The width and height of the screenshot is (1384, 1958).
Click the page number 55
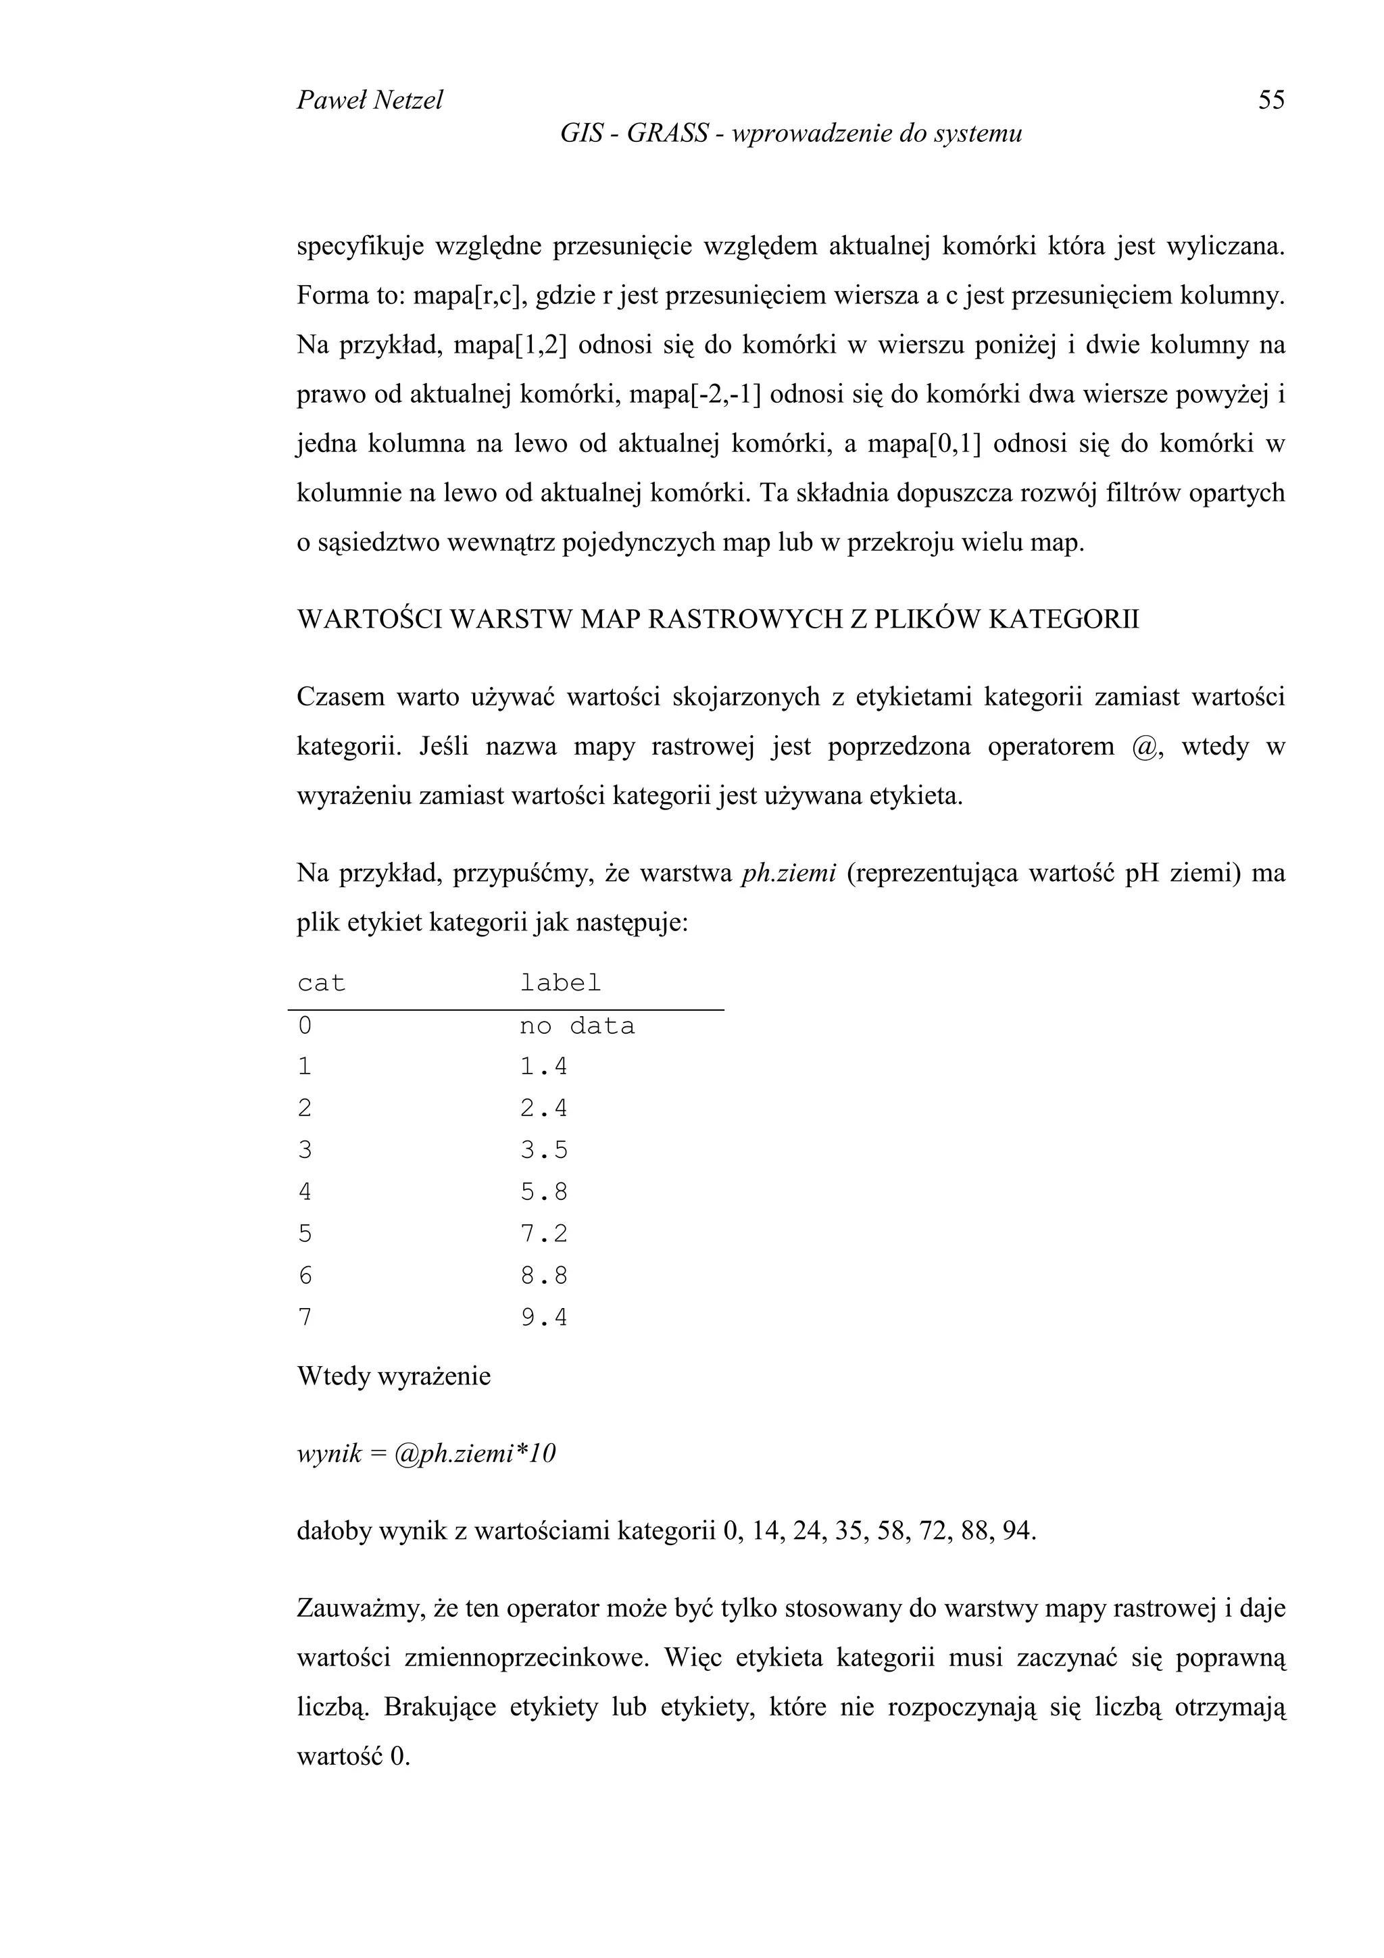tap(1270, 101)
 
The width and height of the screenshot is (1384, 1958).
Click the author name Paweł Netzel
tap(369, 101)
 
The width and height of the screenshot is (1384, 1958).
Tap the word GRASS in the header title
tap(668, 134)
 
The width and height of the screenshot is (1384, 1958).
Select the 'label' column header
tap(560, 983)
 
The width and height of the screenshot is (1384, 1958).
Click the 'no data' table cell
tap(577, 1026)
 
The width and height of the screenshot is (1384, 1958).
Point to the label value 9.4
tap(544, 1318)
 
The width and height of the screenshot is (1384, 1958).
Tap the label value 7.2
tap(544, 1234)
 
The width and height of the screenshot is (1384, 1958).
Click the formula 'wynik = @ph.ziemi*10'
tap(426, 1453)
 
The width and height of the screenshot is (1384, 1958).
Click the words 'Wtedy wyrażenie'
tap(394, 1376)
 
